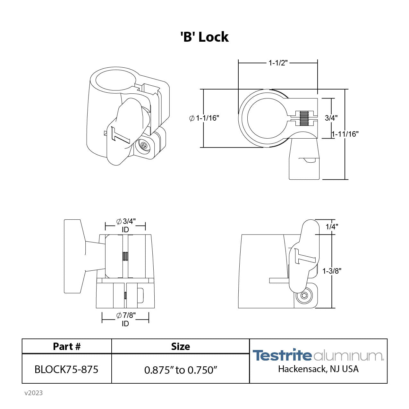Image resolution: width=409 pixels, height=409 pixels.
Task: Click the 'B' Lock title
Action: pyautogui.click(x=204, y=37)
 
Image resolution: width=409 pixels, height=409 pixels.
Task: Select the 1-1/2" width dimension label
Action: pyautogui.click(x=278, y=63)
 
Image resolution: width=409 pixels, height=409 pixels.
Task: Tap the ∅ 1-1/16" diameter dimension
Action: pyautogui.click(x=204, y=118)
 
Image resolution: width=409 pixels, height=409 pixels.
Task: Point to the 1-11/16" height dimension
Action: pyautogui.click(x=345, y=134)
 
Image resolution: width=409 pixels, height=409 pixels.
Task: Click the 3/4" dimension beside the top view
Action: pyautogui.click(x=331, y=118)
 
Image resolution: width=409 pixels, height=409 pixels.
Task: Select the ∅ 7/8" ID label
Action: pyautogui.click(x=125, y=319)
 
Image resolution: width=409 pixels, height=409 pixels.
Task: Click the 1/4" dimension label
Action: pyautogui.click(x=332, y=227)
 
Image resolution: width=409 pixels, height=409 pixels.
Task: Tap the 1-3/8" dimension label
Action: pyautogui.click(x=332, y=271)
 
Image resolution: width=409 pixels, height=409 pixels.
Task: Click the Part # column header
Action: pyautogui.click(x=67, y=346)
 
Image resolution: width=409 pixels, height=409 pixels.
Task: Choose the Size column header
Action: pyautogui.click(x=180, y=346)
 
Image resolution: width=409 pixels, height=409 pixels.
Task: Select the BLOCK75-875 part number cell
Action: pyautogui.click(x=66, y=370)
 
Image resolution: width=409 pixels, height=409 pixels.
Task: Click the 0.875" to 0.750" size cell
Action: pyautogui.click(x=181, y=370)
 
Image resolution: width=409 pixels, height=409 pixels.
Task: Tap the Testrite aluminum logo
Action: pyautogui.click(x=318, y=355)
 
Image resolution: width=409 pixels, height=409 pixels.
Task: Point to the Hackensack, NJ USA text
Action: pyautogui.click(x=318, y=369)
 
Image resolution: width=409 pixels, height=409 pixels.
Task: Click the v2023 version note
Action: pyautogui.click(x=33, y=393)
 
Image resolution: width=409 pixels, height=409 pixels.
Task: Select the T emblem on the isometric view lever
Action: pyautogui.click(x=119, y=135)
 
